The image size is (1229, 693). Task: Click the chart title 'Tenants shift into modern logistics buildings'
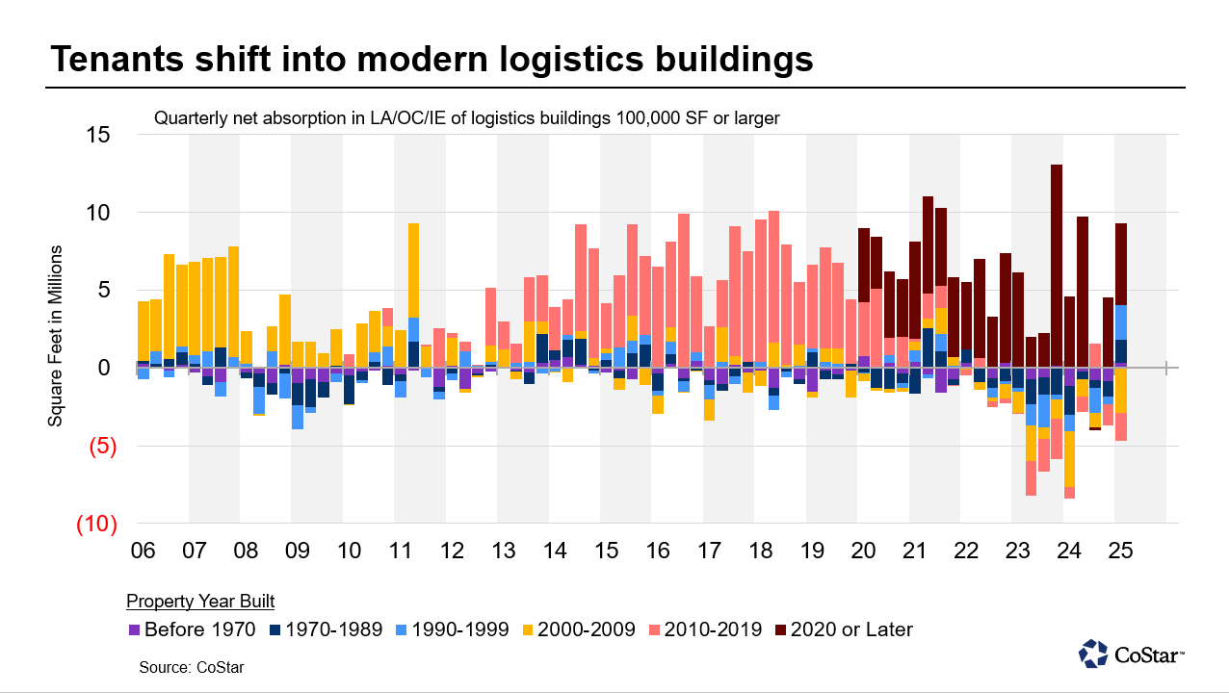point(431,59)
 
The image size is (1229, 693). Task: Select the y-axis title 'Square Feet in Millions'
point(56,336)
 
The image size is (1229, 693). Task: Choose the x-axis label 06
point(143,552)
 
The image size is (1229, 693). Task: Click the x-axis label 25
point(1120,552)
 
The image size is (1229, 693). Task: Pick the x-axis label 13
point(503,552)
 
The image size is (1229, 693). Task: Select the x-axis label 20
point(863,552)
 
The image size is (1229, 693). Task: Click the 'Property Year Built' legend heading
point(200,602)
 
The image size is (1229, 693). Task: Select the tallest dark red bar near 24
point(1057,265)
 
